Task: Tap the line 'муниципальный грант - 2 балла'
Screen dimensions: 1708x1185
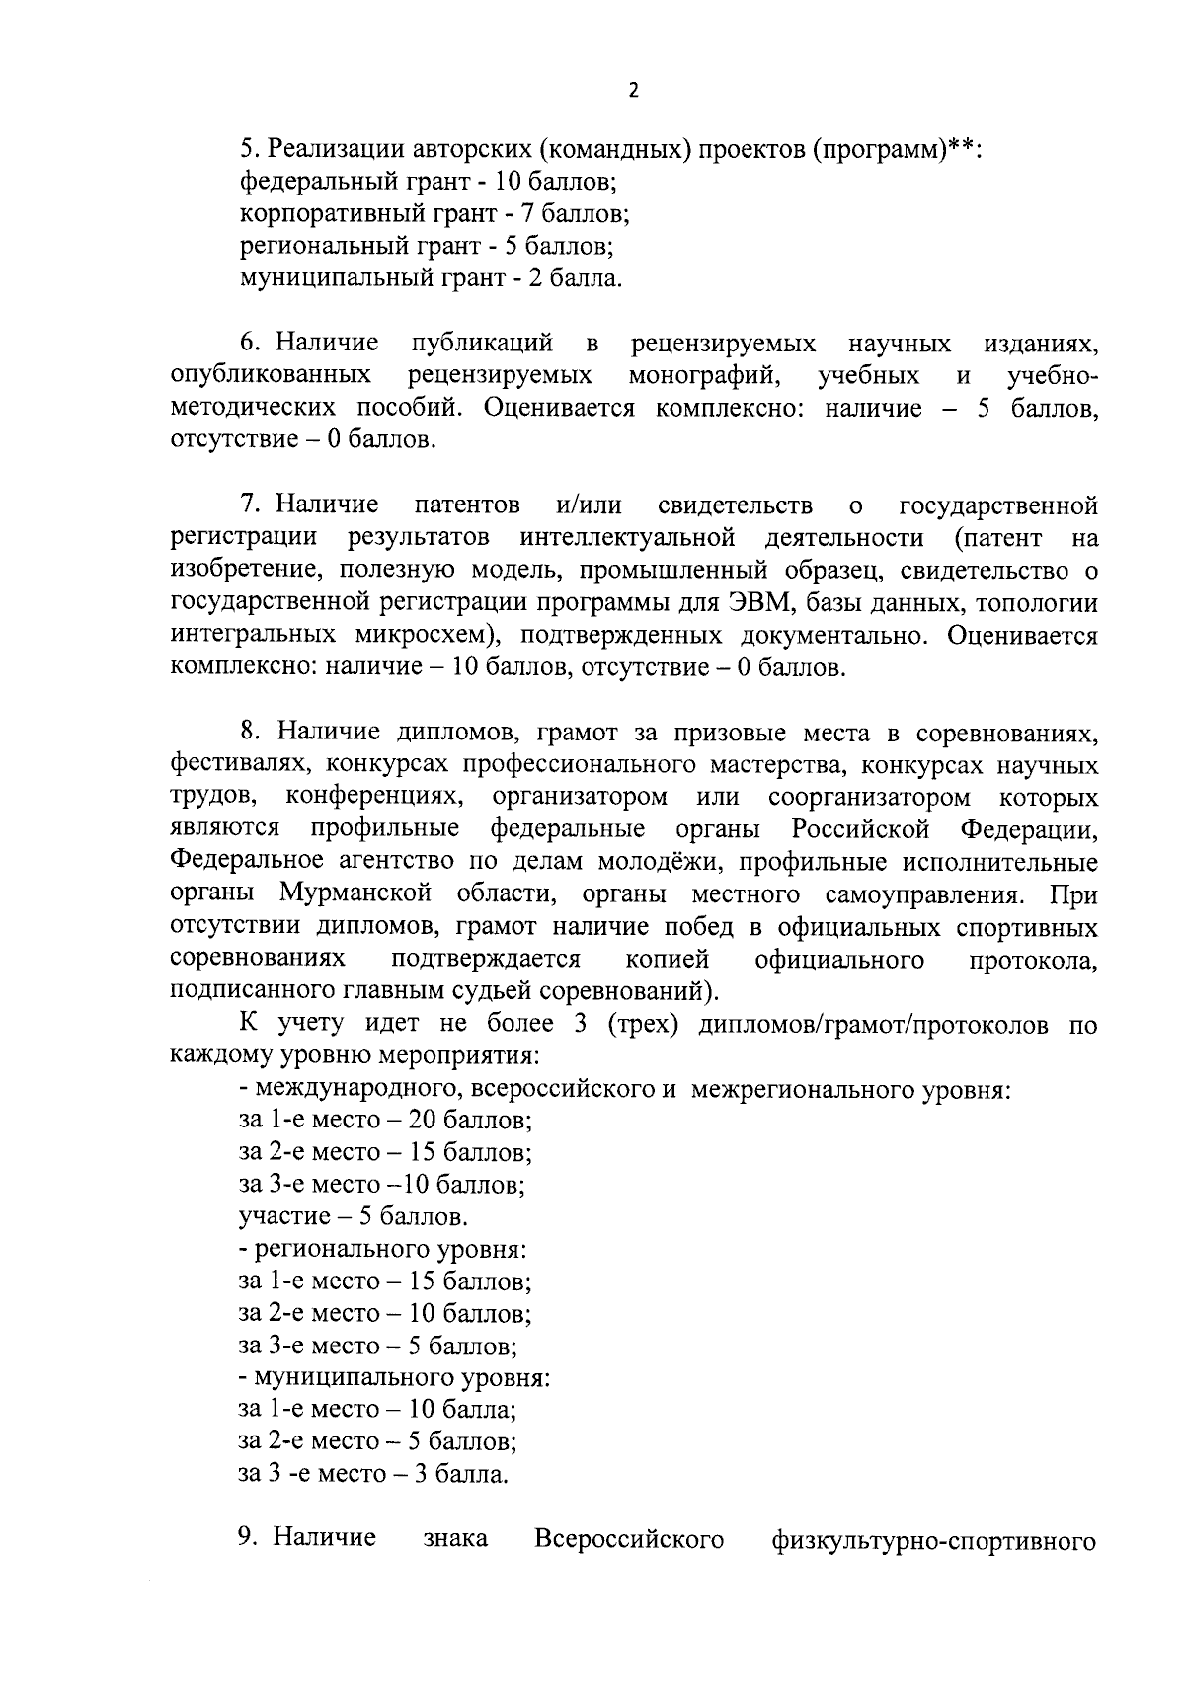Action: (431, 278)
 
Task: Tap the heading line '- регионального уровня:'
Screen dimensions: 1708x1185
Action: (382, 1249)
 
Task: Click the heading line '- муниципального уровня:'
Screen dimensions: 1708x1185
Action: (394, 1377)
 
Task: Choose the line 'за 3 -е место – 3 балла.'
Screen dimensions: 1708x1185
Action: (374, 1474)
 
